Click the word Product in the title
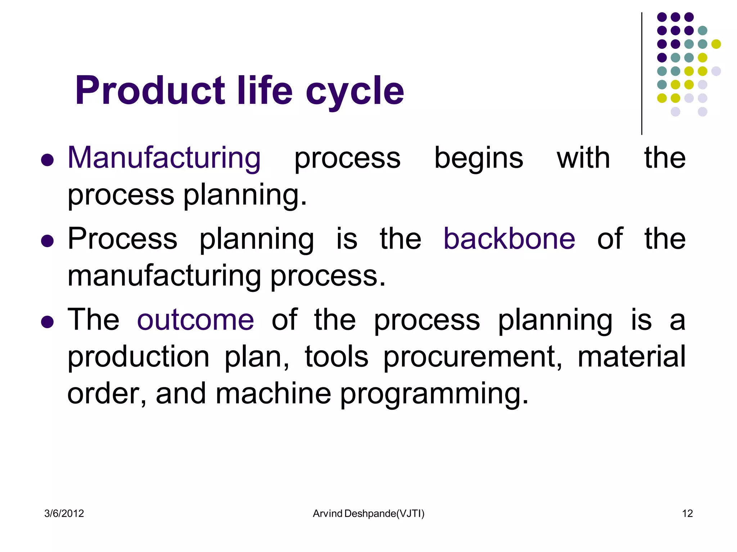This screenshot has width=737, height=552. tap(150, 91)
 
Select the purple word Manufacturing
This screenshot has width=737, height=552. tap(164, 158)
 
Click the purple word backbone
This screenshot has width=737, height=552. tap(509, 239)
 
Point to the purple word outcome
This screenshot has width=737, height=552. tap(195, 320)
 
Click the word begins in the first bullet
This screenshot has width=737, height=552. tap(478, 158)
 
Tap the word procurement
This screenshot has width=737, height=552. tap(472, 357)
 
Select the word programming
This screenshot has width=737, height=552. tap(434, 395)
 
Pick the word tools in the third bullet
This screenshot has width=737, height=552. tap(336, 356)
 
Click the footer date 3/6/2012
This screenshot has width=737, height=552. tap(64, 514)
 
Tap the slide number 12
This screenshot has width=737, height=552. tap(687, 514)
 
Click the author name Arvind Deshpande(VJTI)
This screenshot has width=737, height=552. tap(368, 514)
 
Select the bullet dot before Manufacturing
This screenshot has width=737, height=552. tap(47, 160)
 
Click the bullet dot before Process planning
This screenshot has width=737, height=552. tap(47, 241)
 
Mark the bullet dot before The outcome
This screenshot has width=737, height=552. tap(47, 322)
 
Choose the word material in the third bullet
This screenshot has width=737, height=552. tap(632, 356)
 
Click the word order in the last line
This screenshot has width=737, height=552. tap(107, 394)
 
